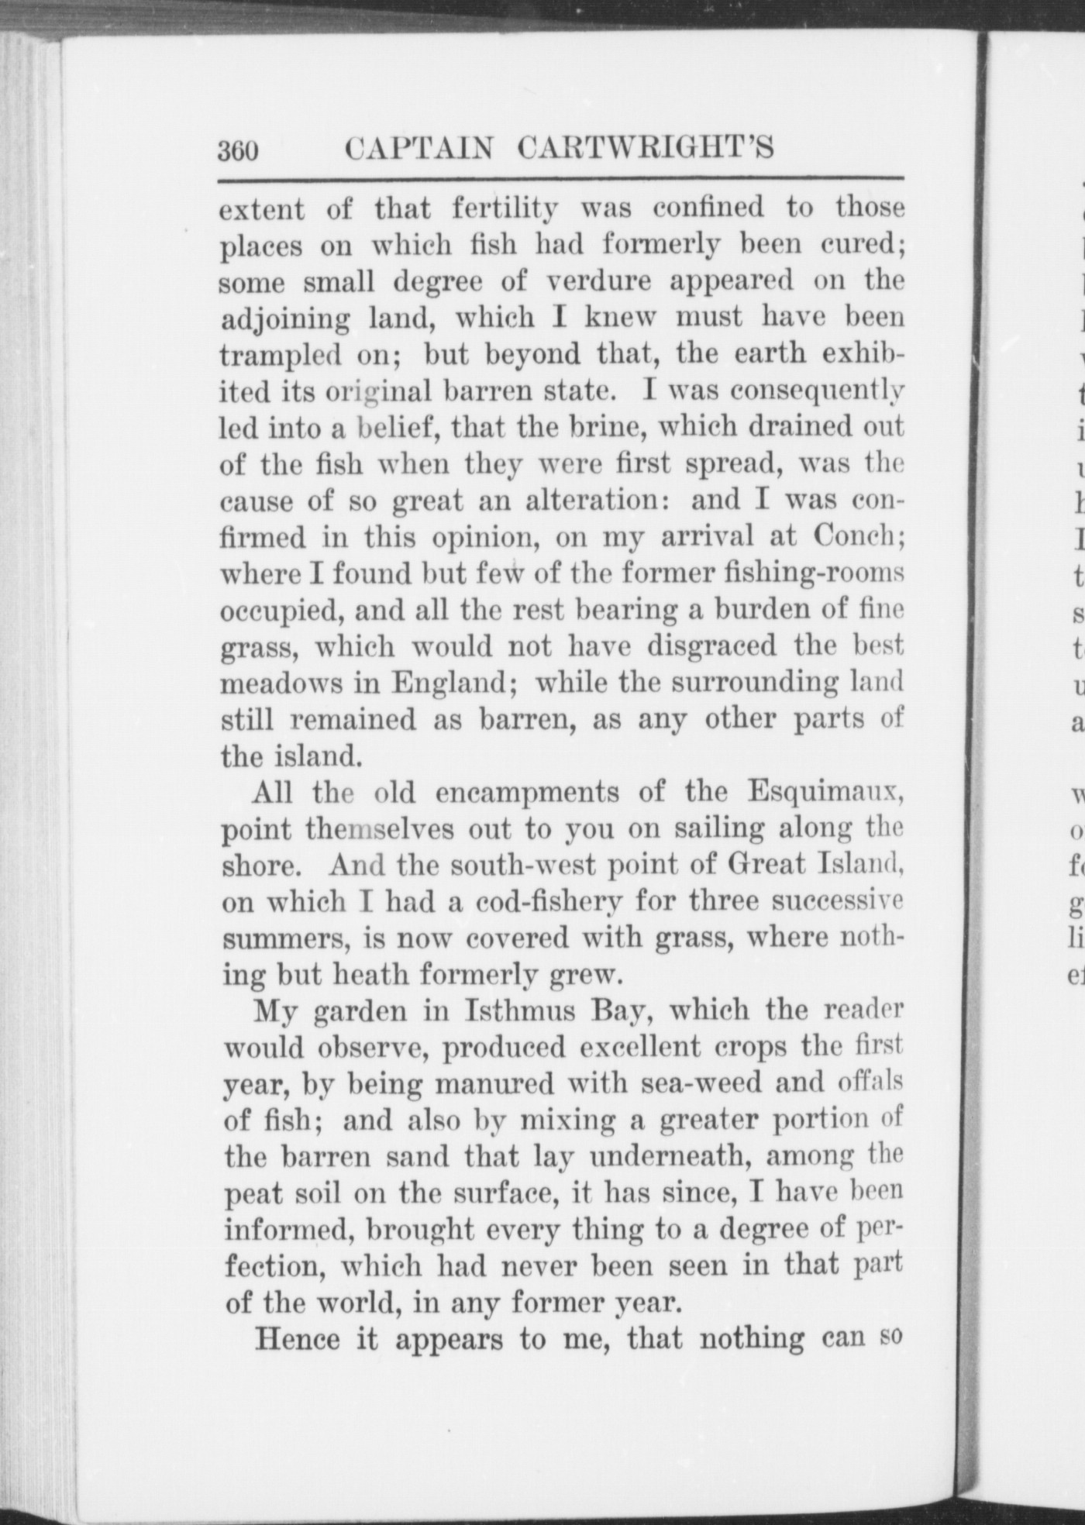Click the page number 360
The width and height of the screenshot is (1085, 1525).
click(x=237, y=150)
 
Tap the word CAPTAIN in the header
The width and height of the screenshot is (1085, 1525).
click(x=418, y=148)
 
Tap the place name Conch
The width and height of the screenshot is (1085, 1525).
click(x=856, y=536)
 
